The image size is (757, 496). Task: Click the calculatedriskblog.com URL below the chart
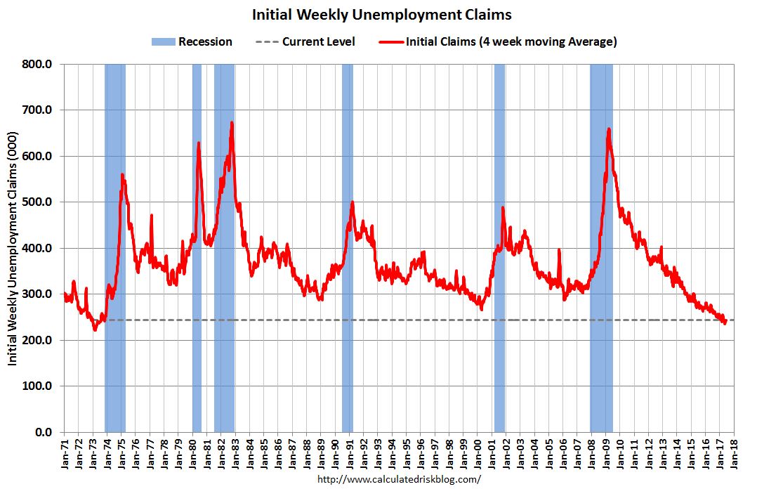pos(400,480)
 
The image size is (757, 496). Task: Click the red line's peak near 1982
pos(232,123)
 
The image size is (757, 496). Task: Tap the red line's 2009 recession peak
pos(608,129)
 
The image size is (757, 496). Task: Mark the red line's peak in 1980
pos(199,143)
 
